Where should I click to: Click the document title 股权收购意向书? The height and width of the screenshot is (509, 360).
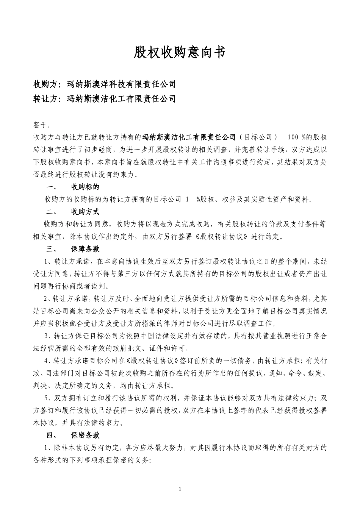click(x=180, y=52)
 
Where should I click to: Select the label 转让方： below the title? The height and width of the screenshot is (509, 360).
click(x=49, y=99)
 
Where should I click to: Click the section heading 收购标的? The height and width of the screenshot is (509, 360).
click(x=85, y=187)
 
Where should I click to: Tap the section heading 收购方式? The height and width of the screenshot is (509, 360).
click(x=85, y=211)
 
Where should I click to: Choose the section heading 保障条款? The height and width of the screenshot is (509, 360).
click(x=85, y=249)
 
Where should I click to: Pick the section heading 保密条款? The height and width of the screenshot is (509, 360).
click(x=85, y=435)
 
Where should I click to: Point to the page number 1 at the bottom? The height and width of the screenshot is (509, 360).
click(x=180, y=489)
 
